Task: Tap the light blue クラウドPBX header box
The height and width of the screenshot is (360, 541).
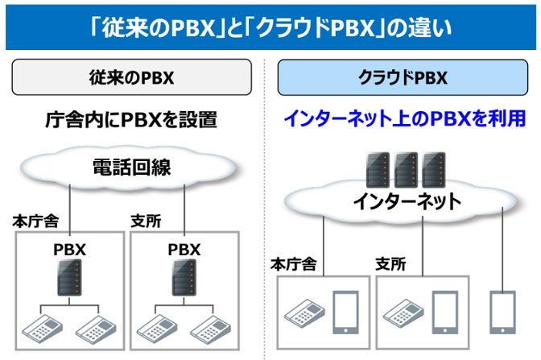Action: (403, 78)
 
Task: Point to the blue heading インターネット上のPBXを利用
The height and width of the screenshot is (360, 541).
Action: (404, 119)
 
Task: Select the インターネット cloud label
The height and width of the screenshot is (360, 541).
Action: (407, 201)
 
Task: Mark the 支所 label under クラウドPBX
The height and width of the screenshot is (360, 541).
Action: (391, 263)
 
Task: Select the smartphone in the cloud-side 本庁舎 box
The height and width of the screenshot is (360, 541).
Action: (345, 312)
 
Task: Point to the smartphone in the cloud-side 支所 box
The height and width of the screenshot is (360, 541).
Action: (444, 312)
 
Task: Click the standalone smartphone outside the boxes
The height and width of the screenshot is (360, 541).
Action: (502, 312)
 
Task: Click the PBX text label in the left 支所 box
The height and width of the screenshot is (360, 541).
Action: (184, 250)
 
